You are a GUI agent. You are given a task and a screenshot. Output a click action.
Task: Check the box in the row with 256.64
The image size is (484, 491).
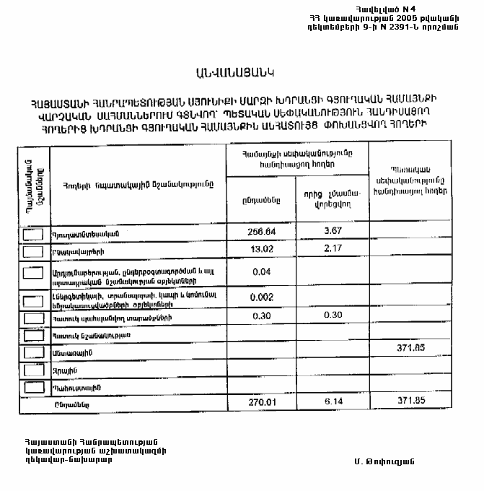tap(32, 234)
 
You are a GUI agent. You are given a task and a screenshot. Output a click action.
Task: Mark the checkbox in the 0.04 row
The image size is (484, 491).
tap(32, 274)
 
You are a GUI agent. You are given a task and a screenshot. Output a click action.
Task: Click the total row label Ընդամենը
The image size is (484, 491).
tap(71, 404)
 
